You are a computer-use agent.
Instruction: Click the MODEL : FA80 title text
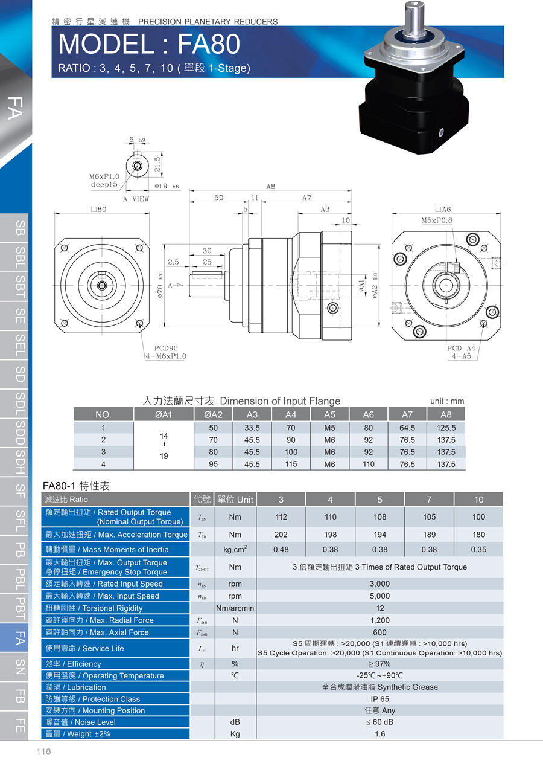[149, 44]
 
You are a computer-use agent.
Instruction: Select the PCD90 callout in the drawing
[165, 348]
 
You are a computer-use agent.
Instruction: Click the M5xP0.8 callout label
[437, 220]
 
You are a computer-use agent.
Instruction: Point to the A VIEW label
[136, 199]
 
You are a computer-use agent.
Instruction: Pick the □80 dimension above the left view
[99, 209]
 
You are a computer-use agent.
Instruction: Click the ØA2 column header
[213, 415]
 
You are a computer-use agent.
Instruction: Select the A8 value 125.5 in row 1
[446, 428]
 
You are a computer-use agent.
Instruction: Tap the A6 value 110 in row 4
[368, 464]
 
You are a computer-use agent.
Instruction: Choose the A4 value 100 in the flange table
[291, 452]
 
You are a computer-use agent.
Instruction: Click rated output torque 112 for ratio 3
[281, 517]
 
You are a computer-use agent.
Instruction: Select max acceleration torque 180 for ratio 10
[478, 535]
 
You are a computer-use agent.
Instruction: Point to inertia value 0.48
[281, 550]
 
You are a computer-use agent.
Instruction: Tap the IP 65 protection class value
[379, 699]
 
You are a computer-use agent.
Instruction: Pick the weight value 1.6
[379, 733]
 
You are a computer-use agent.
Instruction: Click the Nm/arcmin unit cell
[235, 608]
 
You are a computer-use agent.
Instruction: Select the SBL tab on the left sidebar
[20, 258]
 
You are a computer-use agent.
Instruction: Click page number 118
[43, 751]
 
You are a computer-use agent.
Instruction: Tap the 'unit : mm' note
[447, 401]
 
